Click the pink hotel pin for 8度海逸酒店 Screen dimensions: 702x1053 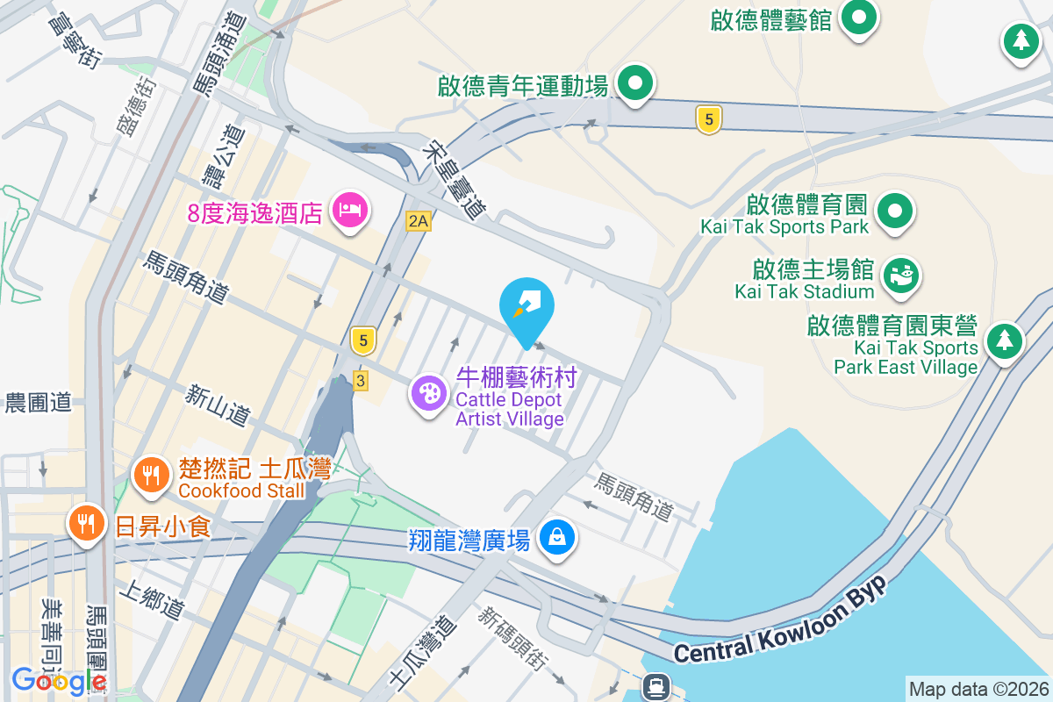350,210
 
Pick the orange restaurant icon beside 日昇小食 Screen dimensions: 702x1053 86,524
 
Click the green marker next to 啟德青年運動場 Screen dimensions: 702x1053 635,85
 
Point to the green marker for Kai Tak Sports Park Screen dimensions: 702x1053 895,211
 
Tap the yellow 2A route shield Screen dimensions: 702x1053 419,221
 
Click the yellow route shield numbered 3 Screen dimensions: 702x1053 360,380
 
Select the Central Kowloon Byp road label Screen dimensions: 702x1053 782,624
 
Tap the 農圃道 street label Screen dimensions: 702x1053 39,403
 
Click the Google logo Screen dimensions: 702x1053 58,680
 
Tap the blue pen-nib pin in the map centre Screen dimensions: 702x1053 526,305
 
